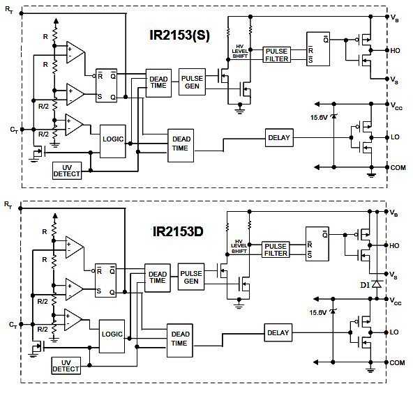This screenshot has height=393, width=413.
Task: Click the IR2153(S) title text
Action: point(179,36)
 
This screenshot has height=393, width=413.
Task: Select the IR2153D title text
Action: point(178,231)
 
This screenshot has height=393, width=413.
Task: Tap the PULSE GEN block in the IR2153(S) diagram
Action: point(192,82)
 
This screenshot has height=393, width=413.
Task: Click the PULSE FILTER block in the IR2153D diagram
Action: point(276,249)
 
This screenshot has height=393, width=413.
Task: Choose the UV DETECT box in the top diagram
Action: point(67,171)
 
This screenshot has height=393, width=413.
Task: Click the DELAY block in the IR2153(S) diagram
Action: point(279,137)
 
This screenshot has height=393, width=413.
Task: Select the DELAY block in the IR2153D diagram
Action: point(278,333)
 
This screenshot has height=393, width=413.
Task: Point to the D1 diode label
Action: point(365,285)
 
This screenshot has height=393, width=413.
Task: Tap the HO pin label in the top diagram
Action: point(395,50)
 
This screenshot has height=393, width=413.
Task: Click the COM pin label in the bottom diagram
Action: point(397,363)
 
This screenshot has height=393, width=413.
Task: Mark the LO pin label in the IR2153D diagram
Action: point(394,332)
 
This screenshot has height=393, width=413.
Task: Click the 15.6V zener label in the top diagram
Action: point(319,117)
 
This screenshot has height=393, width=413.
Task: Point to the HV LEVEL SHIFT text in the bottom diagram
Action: point(239,246)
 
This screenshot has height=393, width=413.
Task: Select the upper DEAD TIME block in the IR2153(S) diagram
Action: point(158,83)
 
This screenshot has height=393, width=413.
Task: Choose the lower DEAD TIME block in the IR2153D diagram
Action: point(180,340)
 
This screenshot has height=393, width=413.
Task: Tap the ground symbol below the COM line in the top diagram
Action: point(371,174)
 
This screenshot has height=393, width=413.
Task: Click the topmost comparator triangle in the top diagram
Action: point(75,52)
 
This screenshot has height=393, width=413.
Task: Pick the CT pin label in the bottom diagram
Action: point(13,325)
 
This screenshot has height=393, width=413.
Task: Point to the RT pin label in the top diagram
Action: point(9,10)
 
